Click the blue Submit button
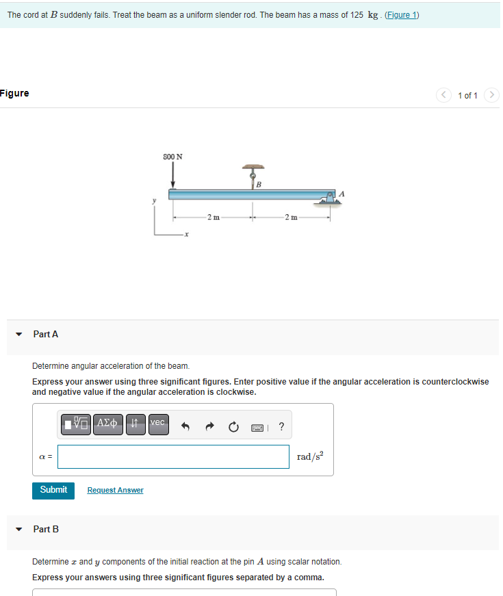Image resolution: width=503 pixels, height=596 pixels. pyautogui.click(x=53, y=490)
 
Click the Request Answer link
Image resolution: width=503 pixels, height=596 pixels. pyautogui.click(x=115, y=490)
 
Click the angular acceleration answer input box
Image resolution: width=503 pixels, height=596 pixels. pyautogui.click(x=173, y=456)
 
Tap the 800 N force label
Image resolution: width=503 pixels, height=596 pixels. pyautogui.click(x=172, y=157)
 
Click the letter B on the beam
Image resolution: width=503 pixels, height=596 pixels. pyautogui.click(x=259, y=185)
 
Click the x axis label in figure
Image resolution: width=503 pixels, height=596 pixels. pyautogui.click(x=185, y=235)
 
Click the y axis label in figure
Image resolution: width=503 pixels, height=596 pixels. pyautogui.click(x=154, y=201)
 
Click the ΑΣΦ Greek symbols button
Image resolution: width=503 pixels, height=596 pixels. pyautogui.click(x=106, y=423)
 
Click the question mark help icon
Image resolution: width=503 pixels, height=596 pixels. pyautogui.click(x=281, y=428)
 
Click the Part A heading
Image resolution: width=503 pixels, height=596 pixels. pyautogui.click(x=46, y=334)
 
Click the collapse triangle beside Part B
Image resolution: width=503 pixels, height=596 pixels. pyautogui.click(x=18, y=529)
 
